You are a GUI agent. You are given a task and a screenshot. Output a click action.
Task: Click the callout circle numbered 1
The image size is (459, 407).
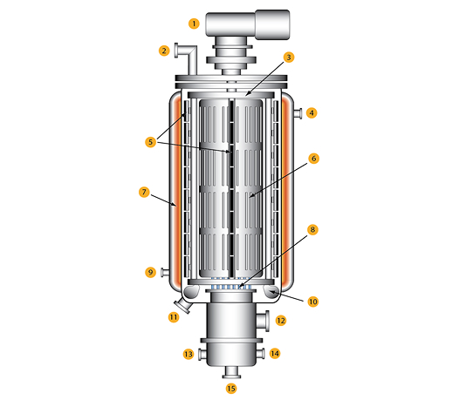pos(194,24)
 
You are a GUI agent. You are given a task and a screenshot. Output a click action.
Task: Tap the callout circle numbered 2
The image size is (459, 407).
pos(163,51)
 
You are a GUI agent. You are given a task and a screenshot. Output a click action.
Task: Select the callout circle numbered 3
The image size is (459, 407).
pos(289,58)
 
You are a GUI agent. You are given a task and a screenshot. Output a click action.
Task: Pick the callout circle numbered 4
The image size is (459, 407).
pos(312,112)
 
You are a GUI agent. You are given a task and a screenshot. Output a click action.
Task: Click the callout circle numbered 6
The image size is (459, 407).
pos(313,159)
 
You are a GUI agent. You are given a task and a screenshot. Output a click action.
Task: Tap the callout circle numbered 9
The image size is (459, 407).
pos(150,273)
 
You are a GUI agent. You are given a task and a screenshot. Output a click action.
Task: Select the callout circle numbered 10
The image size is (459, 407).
pos(312,302)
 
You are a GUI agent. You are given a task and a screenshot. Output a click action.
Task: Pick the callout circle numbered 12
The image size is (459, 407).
pos(280,321)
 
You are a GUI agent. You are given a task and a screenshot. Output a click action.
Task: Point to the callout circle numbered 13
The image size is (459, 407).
pos(188,354)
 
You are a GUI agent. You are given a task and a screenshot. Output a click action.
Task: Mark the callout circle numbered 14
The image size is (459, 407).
pos(274,354)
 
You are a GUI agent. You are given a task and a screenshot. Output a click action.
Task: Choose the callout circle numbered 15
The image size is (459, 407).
pos(231,389)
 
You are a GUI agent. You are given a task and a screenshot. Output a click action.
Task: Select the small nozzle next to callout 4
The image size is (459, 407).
pos(297,112)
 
